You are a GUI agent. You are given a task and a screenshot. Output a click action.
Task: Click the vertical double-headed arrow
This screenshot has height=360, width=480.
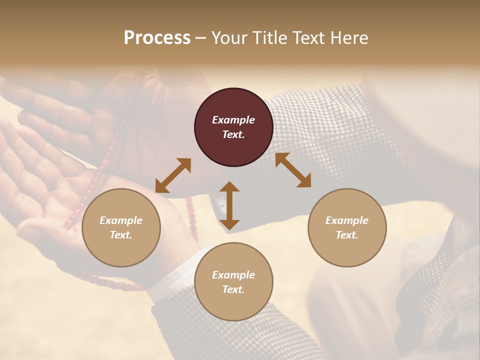point(229,205)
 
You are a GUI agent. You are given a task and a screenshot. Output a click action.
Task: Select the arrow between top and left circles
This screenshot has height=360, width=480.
point(173,175)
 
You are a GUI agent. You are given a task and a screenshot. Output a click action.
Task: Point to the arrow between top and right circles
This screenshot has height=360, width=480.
point(293,170)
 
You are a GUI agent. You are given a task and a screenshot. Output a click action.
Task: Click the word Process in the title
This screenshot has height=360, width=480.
point(157,37)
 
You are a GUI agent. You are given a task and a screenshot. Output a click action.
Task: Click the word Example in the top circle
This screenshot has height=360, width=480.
point(233,120)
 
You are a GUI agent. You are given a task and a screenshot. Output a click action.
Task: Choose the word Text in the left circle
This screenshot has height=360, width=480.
point(121,235)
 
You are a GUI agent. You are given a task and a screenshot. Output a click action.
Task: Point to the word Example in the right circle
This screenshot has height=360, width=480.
point(347,220)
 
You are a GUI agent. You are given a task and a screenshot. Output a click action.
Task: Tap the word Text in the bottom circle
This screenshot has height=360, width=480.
point(233,289)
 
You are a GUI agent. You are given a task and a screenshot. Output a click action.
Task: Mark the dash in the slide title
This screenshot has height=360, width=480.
point(201,38)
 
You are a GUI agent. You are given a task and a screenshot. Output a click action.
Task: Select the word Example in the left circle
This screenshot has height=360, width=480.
point(121,220)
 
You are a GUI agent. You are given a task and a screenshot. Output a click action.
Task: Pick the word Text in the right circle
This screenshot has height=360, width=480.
point(347,235)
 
